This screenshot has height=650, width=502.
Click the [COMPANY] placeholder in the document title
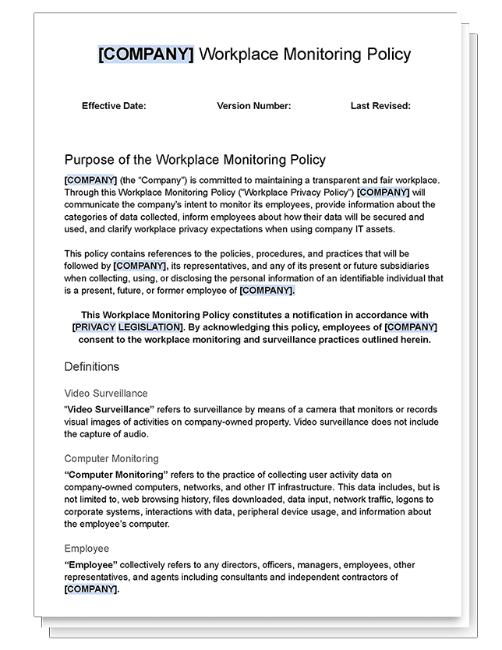146,54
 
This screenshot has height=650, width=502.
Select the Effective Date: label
114,106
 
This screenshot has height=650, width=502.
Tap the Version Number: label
253,106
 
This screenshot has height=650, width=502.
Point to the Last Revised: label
380,106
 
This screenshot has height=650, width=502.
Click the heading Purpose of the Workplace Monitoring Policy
195,160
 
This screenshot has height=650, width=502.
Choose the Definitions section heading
91,366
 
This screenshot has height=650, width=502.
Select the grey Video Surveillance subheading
105,394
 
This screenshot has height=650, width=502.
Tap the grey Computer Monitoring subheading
111,459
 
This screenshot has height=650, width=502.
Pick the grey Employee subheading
87,549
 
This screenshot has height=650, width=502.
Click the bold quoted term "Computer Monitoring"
116,474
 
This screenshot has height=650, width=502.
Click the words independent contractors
345,577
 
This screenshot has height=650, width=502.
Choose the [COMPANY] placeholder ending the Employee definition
91,589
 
